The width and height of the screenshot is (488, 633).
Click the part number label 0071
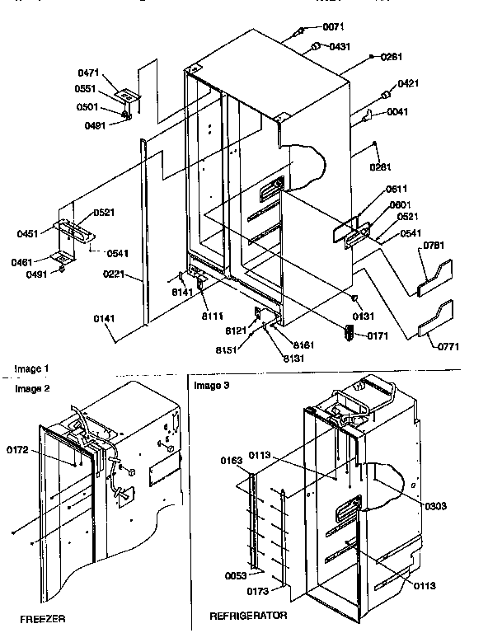click(x=333, y=26)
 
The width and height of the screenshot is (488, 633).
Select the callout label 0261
click(x=392, y=56)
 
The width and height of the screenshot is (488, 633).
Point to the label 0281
click(x=380, y=168)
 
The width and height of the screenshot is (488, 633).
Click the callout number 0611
click(x=399, y=189)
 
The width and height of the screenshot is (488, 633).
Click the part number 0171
click(x=376, y=336)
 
